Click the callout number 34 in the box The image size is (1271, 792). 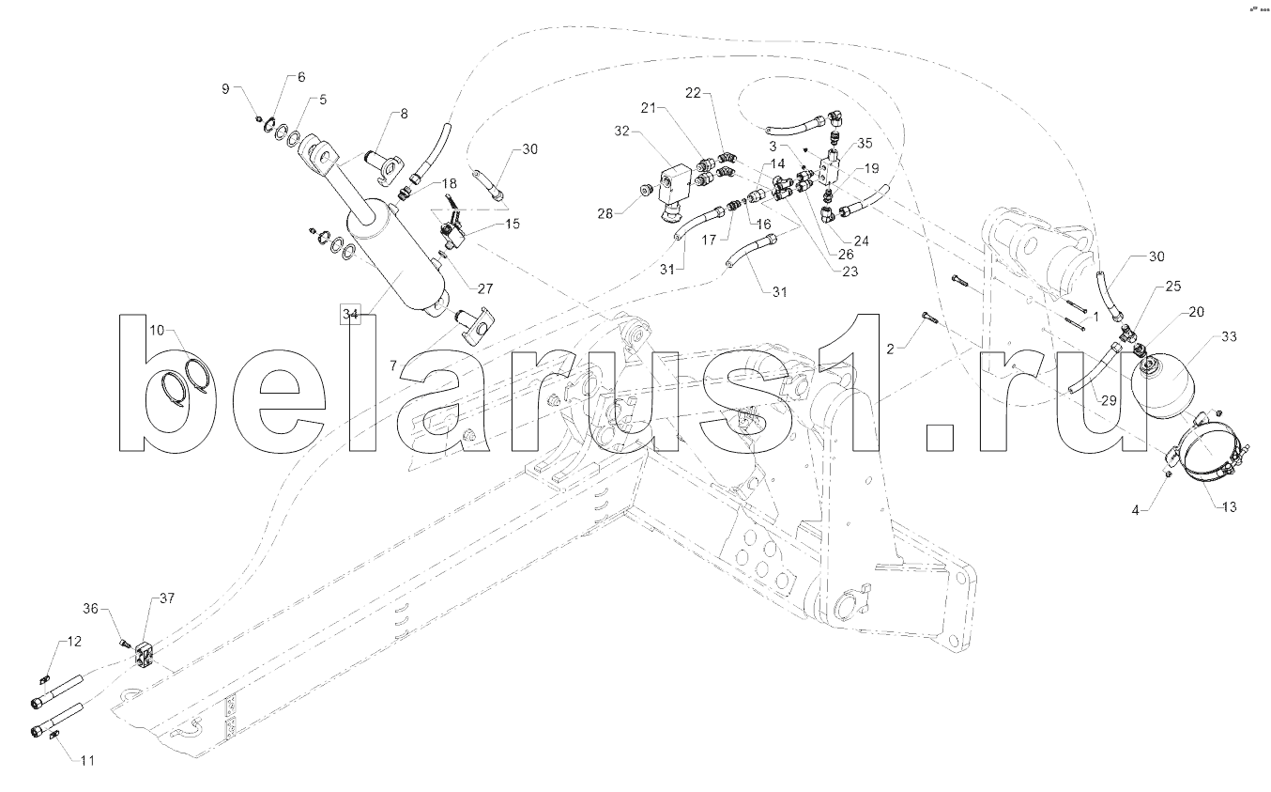click(350, 314)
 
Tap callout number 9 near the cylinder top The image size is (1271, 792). click(225, 88)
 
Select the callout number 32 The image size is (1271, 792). click(620, 132)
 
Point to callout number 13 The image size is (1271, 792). click(1229, 507)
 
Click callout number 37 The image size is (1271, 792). click(166, 598)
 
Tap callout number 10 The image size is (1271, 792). click(156, 330)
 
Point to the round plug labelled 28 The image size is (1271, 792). click(645, 192)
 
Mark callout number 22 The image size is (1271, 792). click(694, 94)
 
